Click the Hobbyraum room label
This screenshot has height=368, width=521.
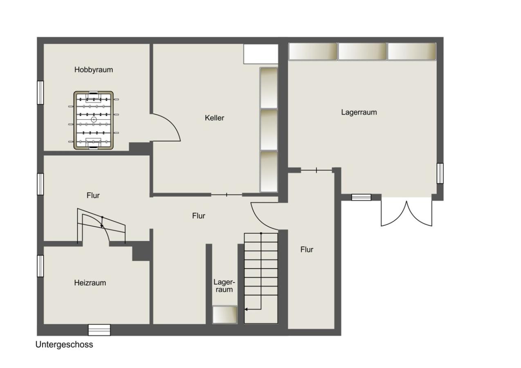point(94,70)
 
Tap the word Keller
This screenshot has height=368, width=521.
point(214,118)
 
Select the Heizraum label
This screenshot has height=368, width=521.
point(90,283)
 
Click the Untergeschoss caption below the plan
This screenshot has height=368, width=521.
point(64,345)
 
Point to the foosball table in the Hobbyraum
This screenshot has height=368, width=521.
point(94,120)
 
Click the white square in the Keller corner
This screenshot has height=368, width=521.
point(261,54)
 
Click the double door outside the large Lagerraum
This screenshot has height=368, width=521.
point(406,212)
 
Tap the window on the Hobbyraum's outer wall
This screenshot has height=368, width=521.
point(40,92)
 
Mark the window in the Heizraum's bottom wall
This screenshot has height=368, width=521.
point(99,330)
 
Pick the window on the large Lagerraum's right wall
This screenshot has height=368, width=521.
point(440,173)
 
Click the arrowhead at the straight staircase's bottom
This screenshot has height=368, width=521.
point(246,309)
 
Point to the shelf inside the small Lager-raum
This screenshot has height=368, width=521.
point(225,314)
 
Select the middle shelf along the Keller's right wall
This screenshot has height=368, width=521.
point(269,130)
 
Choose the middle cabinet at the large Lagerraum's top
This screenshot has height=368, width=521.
point(362,52)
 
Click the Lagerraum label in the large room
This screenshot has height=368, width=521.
point(359,112)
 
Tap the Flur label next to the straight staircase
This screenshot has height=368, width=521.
point(307,249)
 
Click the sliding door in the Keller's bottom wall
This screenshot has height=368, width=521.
point(227,195)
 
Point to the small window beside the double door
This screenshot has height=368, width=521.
point(361,197)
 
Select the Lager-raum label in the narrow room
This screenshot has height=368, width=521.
point(224,286)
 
